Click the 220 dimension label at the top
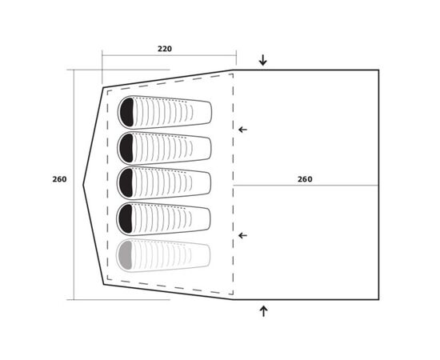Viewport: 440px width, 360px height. tap(165, 49)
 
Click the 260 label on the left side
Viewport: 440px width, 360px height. tap(59, 179)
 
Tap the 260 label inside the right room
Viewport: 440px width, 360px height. tap(305, 179)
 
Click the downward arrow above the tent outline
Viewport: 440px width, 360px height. tap(263, 60)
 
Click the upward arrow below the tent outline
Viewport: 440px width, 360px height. tap(263, 311)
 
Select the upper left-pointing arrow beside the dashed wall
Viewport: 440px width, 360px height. tap(242, 130)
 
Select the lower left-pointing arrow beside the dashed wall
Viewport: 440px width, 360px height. tap(242, 235)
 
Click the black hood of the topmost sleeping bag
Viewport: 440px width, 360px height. tap(126, 112)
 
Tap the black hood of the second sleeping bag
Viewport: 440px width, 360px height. tap(126, 148)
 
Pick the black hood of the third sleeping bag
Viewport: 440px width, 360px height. tap(126, 182)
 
